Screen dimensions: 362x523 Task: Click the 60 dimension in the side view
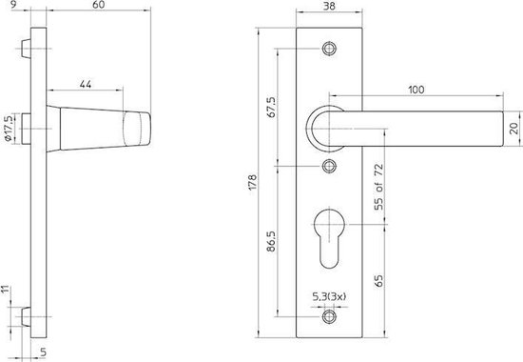tap(91, 8)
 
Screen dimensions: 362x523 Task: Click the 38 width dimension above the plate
tap(330, 8)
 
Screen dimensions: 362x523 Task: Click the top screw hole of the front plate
tap(330, 47)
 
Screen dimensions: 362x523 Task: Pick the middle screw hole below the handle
tap(330, 167)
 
